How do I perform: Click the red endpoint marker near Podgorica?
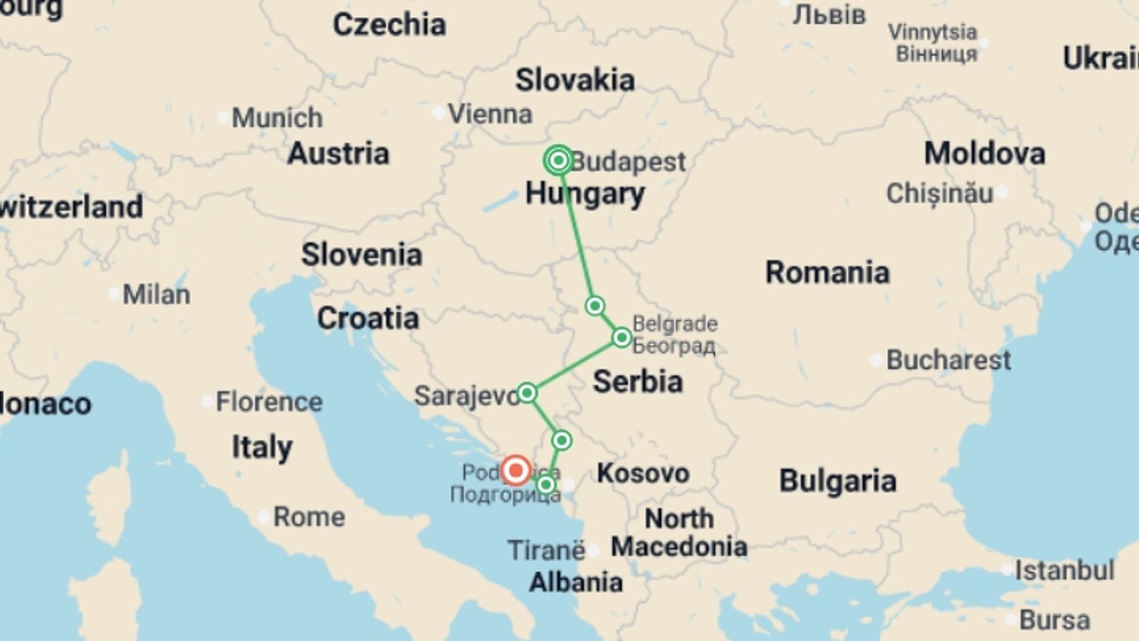[516, 471]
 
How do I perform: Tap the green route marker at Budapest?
[558, 160]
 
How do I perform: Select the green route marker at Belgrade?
[622, 338]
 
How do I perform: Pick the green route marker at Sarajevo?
[527, 393]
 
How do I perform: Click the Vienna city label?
[490, 114]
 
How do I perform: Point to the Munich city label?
[277, 118]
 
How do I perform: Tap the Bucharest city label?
[948, 360]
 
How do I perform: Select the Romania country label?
[828, 272]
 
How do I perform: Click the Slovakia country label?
[575, 80]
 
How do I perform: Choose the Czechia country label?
[389, 25]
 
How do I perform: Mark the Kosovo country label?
[643, 473]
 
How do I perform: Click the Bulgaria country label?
[837, 480]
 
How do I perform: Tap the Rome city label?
[308, 517]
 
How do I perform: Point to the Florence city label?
[269, 402]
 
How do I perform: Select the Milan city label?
[156, 294]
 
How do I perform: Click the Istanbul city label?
[1064, 570]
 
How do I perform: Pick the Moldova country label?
[984, 154]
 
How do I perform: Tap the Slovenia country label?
[362, 255]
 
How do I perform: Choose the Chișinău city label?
[939, 193]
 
